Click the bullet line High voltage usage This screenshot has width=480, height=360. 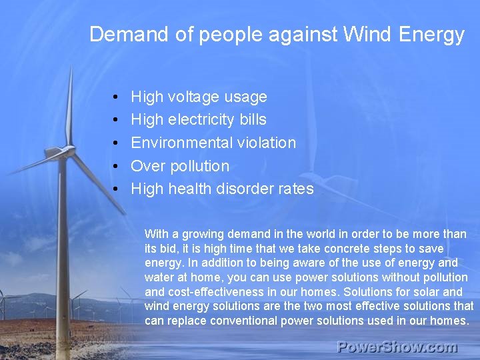[199, 97]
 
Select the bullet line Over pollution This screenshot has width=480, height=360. [180, 166]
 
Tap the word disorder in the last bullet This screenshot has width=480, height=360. [244, 189]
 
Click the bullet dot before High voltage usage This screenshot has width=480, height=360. [116, 97]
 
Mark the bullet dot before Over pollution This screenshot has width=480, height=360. [116, 167]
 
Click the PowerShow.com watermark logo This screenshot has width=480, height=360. [397, 347]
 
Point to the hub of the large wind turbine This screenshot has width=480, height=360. [68, 148]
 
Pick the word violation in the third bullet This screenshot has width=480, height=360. [271, 143]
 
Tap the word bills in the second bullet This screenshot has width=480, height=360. [254, 120]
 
